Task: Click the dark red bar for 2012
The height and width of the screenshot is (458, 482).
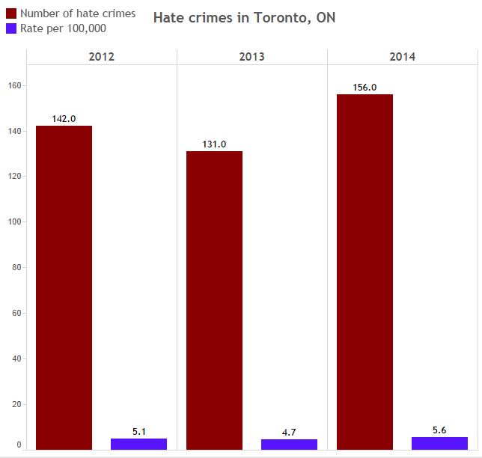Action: coord(64,287)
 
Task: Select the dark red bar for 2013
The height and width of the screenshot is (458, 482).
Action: coord(214,300)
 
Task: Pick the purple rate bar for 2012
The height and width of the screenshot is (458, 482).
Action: coord(138,444)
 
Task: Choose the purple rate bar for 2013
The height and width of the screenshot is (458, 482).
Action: coord(289,445)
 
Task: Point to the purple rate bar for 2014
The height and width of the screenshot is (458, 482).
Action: coord(439,443)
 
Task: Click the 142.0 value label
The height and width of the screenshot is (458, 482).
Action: coord(64,118)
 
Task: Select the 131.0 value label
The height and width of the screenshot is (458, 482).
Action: coord(214,144)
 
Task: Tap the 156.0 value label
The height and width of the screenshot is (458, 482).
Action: coord(364,88)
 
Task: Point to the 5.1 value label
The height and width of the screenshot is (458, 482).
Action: coord(138,431)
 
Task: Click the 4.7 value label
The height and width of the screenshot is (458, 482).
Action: coord(289,432)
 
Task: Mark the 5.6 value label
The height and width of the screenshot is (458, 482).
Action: coord(439,430)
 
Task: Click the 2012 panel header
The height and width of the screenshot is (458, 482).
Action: coord(101,57)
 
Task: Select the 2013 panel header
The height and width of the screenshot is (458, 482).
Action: coord(251,57)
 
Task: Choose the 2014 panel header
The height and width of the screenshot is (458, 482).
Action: coord(402,57)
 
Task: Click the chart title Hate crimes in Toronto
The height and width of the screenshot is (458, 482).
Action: coord(244,17)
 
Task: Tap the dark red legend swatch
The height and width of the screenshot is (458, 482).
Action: coord(10,13)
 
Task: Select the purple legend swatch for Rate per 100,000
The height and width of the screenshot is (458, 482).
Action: coord(10,28)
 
